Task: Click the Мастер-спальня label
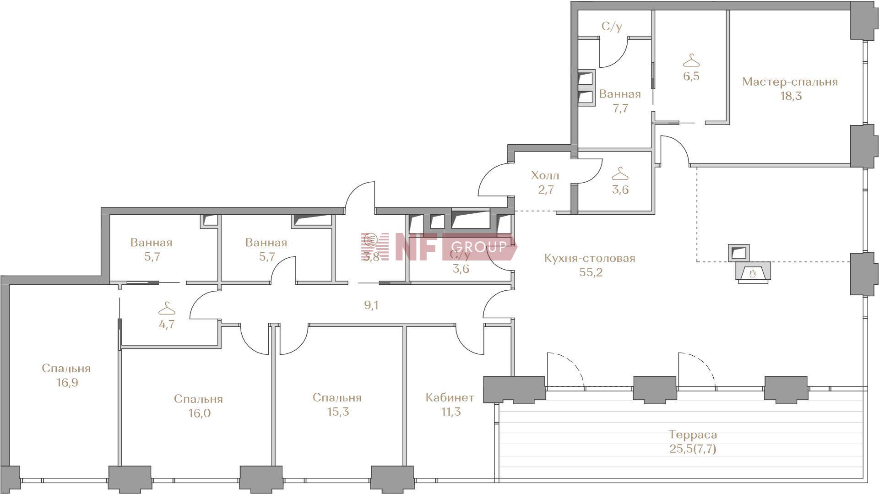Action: tap(790, 82)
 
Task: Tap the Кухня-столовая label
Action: tap(590, 258)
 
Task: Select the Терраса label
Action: tap(693, 434)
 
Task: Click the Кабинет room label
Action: tap(450, 397)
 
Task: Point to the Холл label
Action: tap(545, 175)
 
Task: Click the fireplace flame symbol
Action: tap(752, 273)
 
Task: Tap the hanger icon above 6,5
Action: tap(691, 60)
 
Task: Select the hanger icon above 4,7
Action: tap(167, 308)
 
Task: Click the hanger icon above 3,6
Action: tap(620, 174)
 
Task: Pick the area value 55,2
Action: tap(591, 272)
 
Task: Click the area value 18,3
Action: tap(791, 96)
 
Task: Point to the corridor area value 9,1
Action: tap(371, 305)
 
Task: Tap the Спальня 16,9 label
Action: tap(66, 375)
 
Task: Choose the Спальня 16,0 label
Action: tap(199, 406)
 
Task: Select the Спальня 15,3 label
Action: tap(337, 405)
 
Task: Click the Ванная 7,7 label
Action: tap(620, 101)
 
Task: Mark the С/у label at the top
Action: tap(612, 27)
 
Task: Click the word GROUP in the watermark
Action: tap(479, 247)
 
